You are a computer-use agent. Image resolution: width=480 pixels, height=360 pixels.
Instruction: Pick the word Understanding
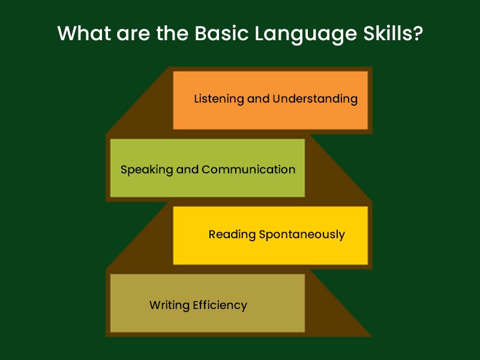tap(315, 99)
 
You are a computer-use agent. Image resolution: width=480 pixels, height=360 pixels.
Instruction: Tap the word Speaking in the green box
tap(146, 170)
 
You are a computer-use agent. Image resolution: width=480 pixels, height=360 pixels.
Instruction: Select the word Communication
tap(248, 169)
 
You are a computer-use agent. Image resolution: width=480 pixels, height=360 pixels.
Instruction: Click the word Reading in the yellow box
tap(232, 235)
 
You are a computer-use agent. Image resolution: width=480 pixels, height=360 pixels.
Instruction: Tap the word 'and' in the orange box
tap(258, 99)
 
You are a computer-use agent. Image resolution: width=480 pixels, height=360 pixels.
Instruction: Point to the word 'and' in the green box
tap(188, 169)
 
